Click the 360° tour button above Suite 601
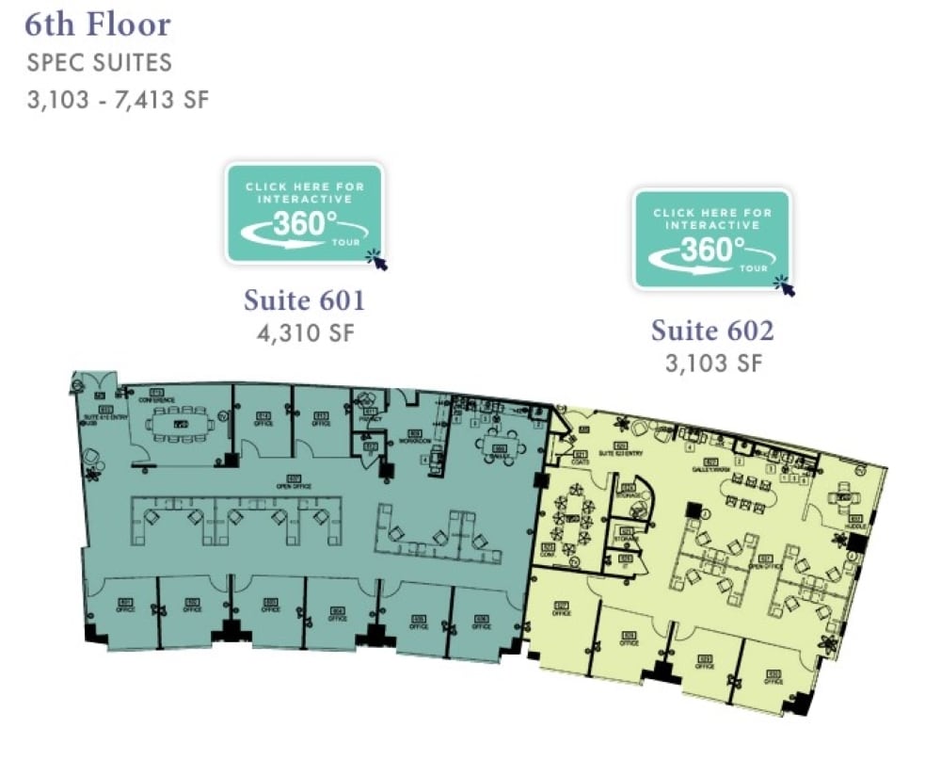point(303,214)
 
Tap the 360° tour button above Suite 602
point(711,239)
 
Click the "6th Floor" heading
point(99,24)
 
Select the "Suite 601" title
point(304,301)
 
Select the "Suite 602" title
point(712,331)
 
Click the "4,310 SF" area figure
point(305,333)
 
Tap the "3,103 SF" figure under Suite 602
point(712,363)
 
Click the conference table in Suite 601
point(179,424)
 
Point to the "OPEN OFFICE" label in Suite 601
point(294,485)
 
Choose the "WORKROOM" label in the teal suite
point(408,439)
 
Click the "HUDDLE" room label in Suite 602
point(855,523)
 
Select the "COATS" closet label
point(580,461)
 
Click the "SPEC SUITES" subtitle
point(100,64)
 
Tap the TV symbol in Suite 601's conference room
point(223,415)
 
